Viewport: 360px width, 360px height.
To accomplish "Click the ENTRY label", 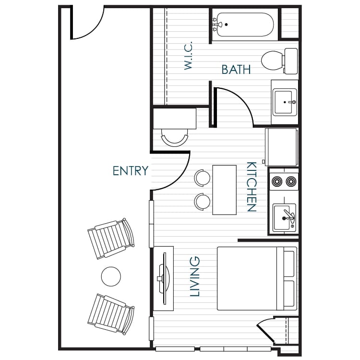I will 130,170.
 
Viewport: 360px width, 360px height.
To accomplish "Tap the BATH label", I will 236,70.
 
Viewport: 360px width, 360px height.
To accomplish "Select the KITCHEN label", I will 251,187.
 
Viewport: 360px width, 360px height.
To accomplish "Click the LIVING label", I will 195,276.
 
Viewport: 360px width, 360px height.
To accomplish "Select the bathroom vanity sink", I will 285,101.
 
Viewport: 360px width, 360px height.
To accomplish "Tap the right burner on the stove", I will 290,182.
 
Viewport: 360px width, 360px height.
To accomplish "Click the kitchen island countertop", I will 225,190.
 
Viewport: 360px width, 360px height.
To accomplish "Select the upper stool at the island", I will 203,177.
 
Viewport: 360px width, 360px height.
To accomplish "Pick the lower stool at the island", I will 203,201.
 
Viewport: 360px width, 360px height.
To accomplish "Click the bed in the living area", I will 250,278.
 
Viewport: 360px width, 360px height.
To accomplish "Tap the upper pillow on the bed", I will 289,264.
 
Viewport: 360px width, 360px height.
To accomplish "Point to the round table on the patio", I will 111,276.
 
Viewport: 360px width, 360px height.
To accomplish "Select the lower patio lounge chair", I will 111,312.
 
